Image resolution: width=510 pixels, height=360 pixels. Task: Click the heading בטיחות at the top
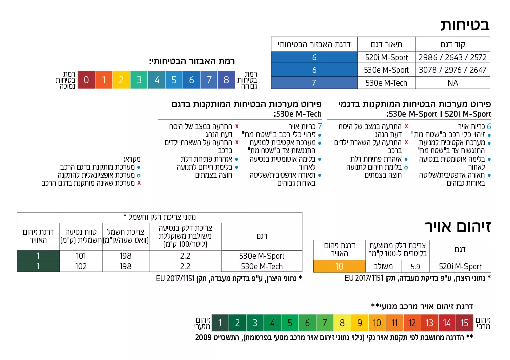point(465,25)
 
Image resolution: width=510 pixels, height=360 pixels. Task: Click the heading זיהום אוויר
point(458,226)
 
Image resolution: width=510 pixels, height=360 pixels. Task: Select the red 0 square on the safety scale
point(86,80)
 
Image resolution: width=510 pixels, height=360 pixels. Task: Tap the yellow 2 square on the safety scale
point(121,80)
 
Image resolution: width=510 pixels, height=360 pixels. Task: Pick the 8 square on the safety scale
point(226,80)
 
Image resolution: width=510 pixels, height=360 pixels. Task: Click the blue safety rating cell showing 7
point(314,83)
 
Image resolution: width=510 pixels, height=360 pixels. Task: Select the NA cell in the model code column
point(453,83)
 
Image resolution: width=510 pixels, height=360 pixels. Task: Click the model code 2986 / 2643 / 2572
point(453,57)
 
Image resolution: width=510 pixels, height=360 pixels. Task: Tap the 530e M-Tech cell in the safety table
point(386,83)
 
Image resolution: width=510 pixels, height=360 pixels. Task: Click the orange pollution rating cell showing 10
point(339,266)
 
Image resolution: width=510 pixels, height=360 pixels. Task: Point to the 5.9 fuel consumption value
point(415,266)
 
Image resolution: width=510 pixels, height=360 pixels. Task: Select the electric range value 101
point(81,256)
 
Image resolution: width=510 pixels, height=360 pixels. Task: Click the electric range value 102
point(81,266)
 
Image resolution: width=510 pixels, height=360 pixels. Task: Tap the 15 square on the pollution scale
point(464,323)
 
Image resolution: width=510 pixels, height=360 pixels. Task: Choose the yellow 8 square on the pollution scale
point(342,323)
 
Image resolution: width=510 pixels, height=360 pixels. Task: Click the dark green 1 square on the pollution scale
point(220,323)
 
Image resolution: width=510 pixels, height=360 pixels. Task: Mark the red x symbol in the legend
point(139,183)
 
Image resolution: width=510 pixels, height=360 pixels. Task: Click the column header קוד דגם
point(453,44)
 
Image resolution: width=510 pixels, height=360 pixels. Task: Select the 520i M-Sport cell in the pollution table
point(460,266)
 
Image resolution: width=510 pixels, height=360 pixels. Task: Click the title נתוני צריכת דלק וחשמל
point(159,217)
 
